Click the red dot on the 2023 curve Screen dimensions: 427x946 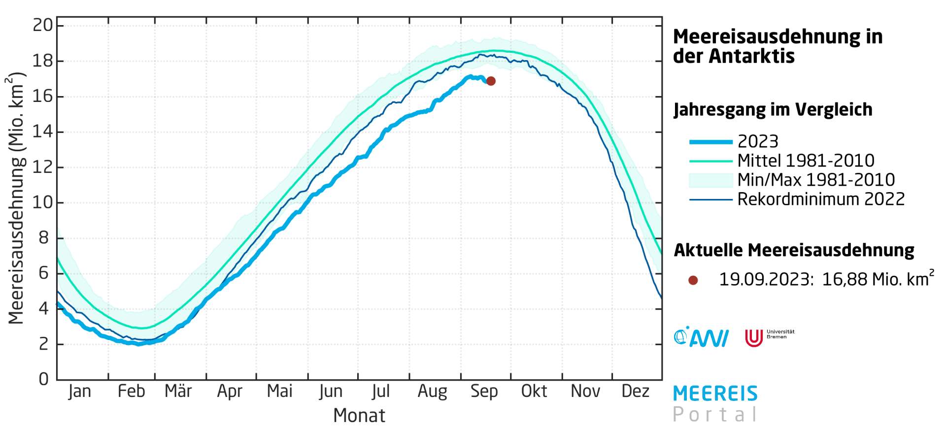pyautogui.click(x=491, y=81)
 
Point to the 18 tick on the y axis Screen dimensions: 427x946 pyautogui.click(x=42, y=61)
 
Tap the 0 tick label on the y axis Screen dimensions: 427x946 pyautogui.click(x=44, y=379)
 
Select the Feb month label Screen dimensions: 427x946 pyautogui.click(x=132, y=392)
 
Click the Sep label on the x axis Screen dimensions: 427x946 pyautogui.click(x=484, y=392)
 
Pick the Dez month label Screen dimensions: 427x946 pyautogui.click(x=635, y=392)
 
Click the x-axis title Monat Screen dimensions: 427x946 pyautogui.click(x=359, y=415)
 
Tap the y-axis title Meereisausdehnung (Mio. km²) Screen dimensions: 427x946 pyautogui.click(x=16, y=198)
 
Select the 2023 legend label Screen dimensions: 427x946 pyautogui.click(x=758, y=142)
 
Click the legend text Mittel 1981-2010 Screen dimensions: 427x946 pyautogui.click(x=806, y=161)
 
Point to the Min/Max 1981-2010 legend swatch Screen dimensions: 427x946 pyautogui.click(x=710, y=180)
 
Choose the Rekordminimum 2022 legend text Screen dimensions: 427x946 pyautogui.click(x=821, y=199)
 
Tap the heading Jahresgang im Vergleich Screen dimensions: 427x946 pyautogui.click(x=773, y=109)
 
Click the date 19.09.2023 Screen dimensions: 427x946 pyautogui.click(x=765, y=280)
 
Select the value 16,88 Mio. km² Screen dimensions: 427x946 pyautogui.click(x=878, y=279)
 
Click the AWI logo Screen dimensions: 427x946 pyautogui.click(x=701, y=337)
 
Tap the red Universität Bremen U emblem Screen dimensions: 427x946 pyautogui.click(x=753, y=338)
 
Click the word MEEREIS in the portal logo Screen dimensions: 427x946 pyautogui.click(x=715, y=394)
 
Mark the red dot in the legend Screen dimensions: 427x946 pyautogui.click(x=693, y=280)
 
